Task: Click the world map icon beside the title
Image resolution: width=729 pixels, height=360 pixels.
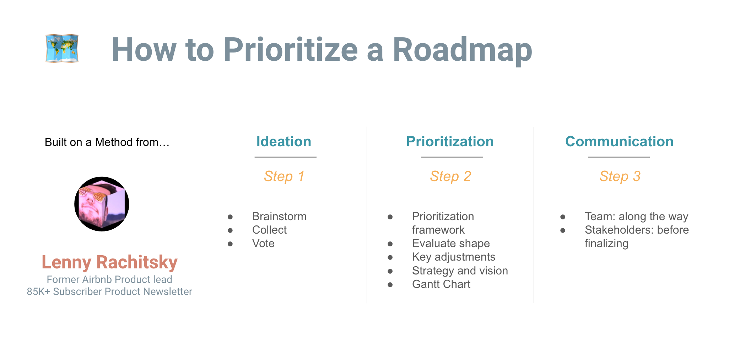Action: pos(62,48)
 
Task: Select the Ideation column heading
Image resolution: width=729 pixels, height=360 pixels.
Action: pos(284,141)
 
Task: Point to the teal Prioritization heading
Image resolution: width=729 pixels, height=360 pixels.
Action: pos(450,141)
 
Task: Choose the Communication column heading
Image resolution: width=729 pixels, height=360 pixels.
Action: pos(619,141)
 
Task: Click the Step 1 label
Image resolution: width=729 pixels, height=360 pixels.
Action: pos(284,176)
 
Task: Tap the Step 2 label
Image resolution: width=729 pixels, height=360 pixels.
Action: pos(450,176)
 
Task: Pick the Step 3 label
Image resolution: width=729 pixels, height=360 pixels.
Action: pos(620,176)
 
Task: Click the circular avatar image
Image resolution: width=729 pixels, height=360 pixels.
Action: pos(102,204)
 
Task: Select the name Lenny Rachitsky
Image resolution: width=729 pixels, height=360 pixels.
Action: pos(109,262)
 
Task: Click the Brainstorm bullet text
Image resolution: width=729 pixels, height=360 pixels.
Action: pos(279,216)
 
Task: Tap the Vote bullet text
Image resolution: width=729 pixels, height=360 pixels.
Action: pos(263,243)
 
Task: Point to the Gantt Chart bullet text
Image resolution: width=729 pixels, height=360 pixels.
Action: pos(441,284)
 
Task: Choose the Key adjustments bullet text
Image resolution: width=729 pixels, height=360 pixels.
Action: pos(454,257)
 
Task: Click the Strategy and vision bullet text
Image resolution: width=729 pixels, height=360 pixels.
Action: pos(460,271)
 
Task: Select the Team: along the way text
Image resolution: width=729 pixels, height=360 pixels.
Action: pos(637,216)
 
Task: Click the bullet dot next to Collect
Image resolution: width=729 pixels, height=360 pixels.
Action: pos(230,230)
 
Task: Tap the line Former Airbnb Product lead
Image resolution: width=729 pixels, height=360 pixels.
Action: pos(109,279)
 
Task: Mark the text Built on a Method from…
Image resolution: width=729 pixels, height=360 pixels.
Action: pos(107,142)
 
